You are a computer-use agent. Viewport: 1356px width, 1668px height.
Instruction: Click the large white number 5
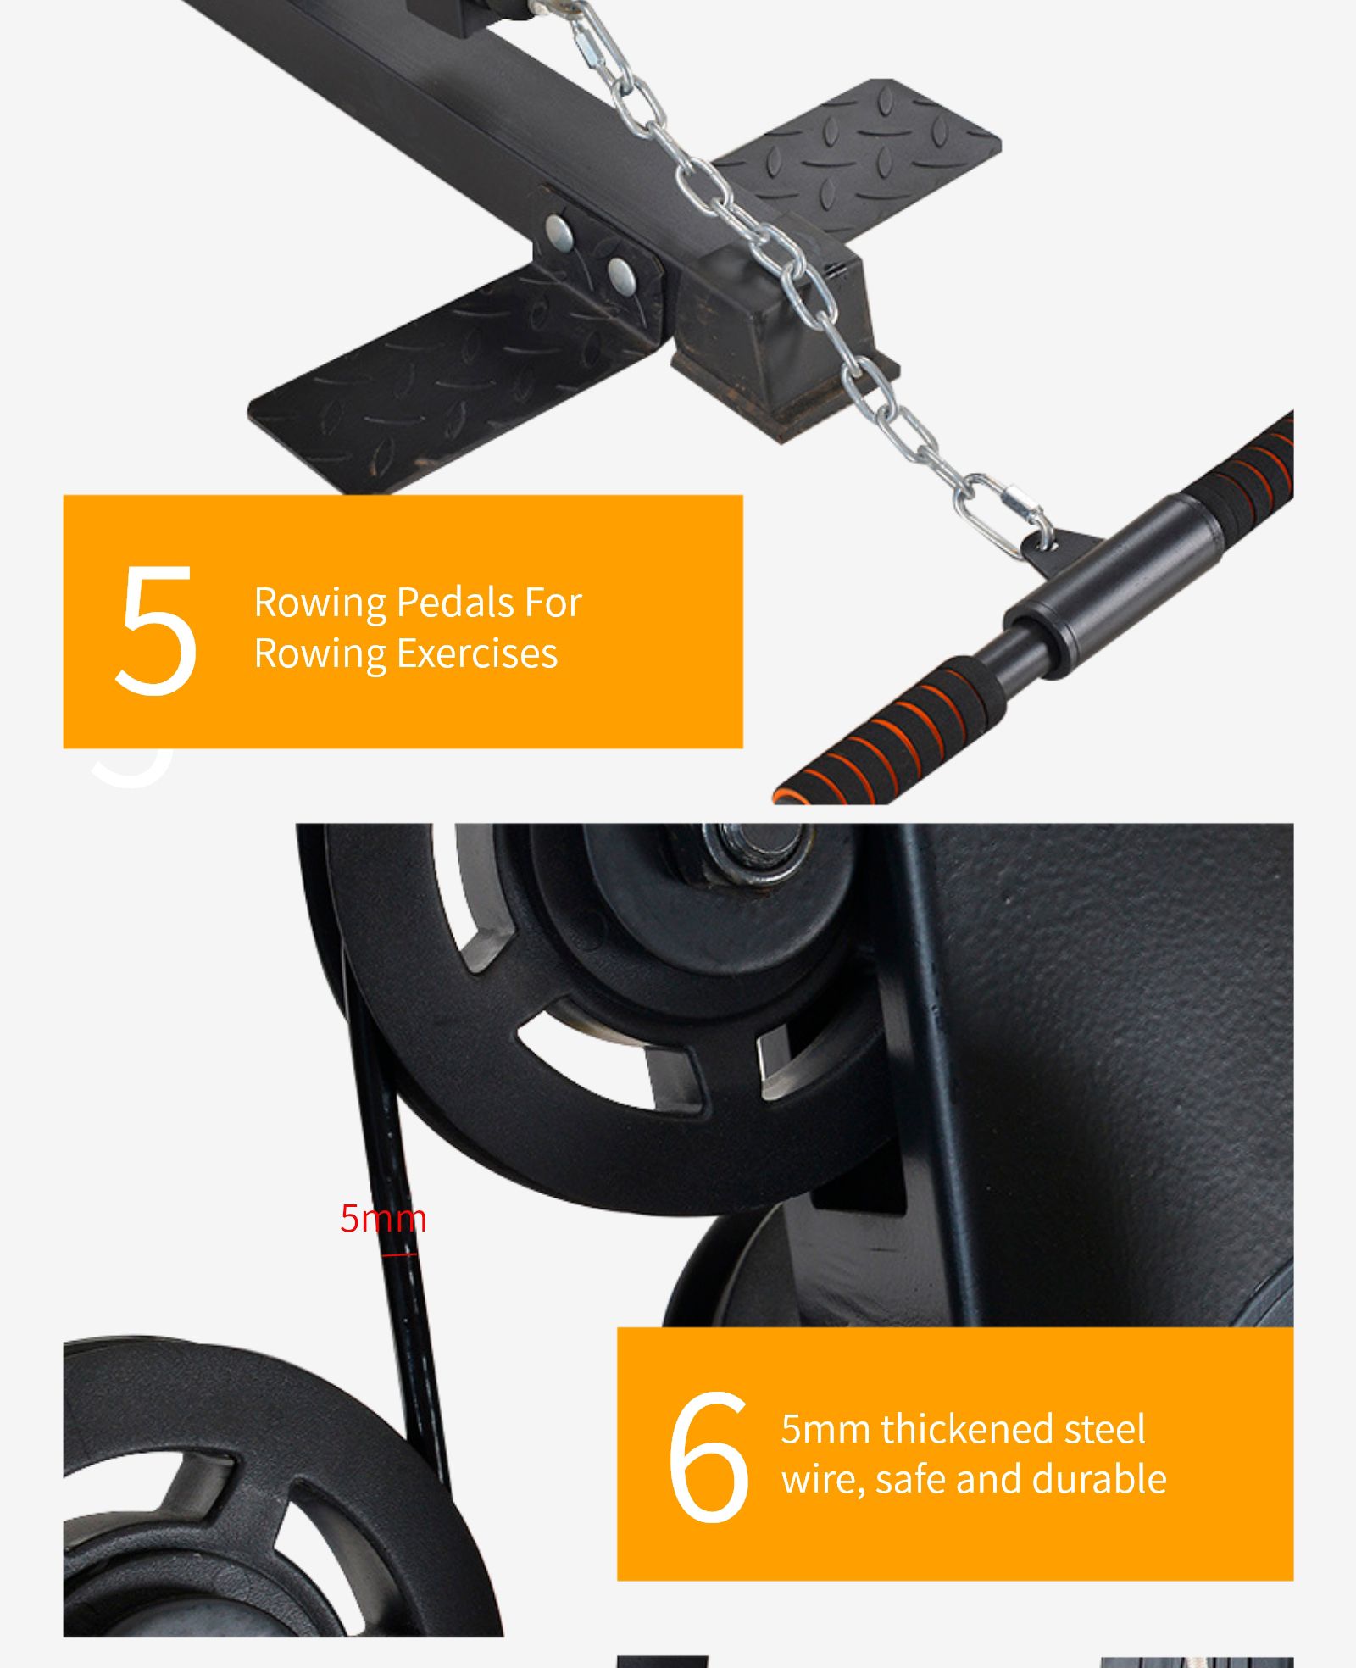tap(157, 631)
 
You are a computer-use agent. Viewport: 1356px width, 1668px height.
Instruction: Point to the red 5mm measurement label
tap(383, 1218)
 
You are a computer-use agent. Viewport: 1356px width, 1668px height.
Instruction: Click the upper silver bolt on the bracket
tap(559, 229)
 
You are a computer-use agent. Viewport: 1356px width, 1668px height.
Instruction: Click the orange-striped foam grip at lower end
tap(890, 730)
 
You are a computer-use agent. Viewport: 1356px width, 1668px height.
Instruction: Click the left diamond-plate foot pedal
tap(458, 378)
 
